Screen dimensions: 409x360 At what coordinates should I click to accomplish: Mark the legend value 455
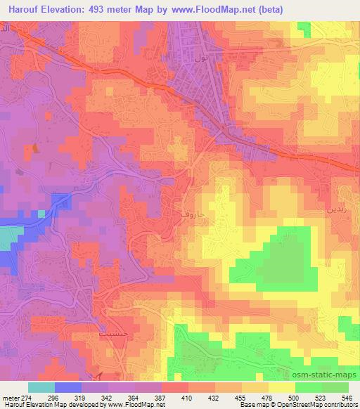tap(240, 398)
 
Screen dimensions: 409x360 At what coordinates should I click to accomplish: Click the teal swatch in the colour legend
tap(41, 387)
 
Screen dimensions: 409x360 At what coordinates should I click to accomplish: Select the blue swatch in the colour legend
tap(67, 387)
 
